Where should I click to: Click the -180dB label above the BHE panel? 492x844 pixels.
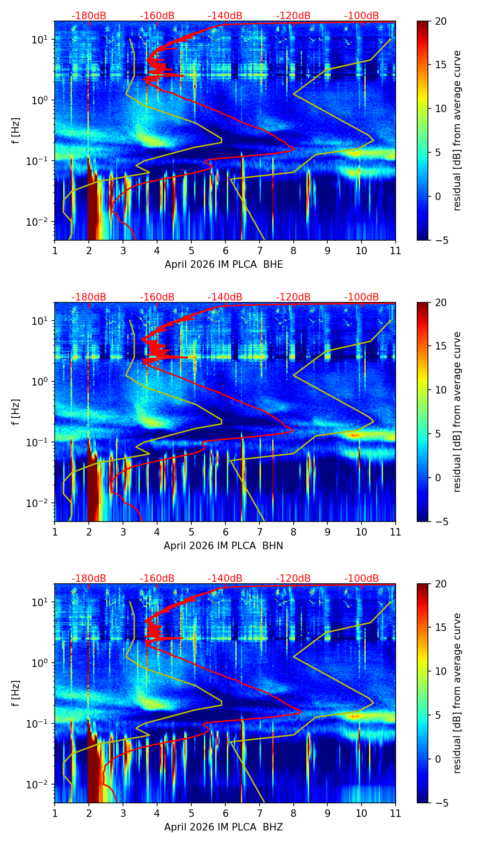[89, 16]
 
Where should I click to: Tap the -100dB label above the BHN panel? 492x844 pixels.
[362, 297]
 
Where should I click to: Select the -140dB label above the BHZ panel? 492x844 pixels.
[225, 579]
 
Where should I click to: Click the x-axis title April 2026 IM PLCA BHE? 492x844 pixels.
[224, 265]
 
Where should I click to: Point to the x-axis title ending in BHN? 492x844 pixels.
[224, 546]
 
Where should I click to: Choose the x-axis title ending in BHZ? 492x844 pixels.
[224, 827]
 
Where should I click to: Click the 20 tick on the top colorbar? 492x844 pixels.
[441, 21]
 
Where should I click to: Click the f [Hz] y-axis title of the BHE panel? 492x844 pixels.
[16, 131]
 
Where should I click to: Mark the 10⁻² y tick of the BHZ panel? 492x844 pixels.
[41, 784]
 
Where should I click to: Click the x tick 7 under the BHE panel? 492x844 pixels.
[259, 250]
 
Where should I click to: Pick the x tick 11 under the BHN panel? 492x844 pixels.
[396, 531]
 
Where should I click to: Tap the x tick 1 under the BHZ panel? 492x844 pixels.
[55, 813]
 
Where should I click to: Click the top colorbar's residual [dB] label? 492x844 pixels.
[457, 131]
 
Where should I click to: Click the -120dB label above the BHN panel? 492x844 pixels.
[293, 297]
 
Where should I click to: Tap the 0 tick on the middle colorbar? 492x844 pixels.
[438, 478]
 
